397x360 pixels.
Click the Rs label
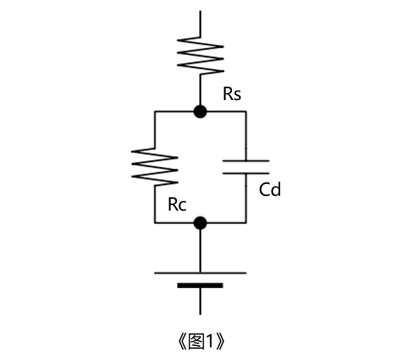tap(232, 94)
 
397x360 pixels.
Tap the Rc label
tap(177, 204)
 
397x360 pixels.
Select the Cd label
tap(270, 190)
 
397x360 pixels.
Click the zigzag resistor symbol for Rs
tap(200, 56)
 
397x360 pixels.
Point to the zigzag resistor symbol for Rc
tap(154, 167)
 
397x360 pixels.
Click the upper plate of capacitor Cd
tap(246, 161)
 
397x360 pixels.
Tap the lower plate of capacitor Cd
tap(246, 173)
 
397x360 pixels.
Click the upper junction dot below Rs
tap(200, 111)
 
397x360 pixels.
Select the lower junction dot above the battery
tap(200, 223)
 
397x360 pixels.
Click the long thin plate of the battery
tap(200, 273)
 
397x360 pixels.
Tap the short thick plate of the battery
tap(200, 285)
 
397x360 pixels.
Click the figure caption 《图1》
tap(201, 342)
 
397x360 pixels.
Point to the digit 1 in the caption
tap(210, 342)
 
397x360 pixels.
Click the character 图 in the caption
tap(197, 342)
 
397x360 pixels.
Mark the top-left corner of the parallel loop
tap(154, 111)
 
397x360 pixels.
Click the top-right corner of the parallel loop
tap(246, 111)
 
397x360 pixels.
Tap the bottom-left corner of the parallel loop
tap(154, 223)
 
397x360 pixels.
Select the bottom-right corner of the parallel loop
tap(246, 223)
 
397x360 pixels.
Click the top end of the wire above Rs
tap(200, 11)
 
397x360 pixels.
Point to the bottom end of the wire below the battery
tap(200, 314)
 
